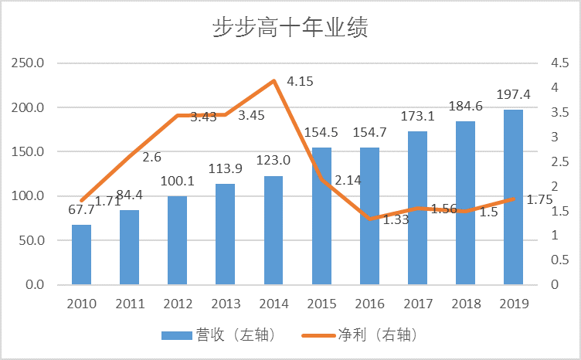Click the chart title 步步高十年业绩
(x=290, y=29)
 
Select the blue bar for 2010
(x=81, y=254)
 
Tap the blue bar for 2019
(x=513, y=197)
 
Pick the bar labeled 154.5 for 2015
(x=321, y=216)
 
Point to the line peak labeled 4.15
(x=274, y=80)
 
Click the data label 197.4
(x=513, y=95)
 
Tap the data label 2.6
(x=152, y=157)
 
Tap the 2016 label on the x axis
(x=369, y=303)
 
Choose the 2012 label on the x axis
(x=178, y=303)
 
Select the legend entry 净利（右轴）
(x=379, y=335)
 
